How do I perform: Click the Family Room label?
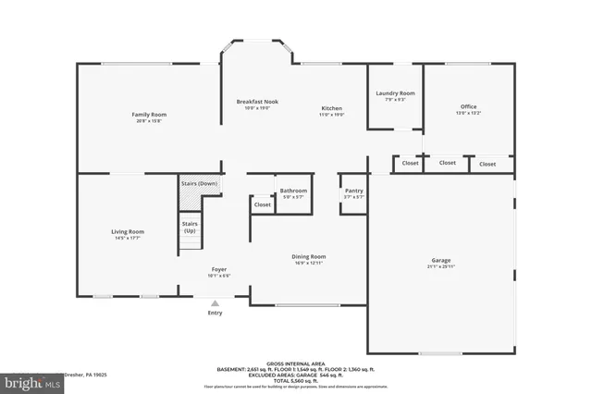(149, 115)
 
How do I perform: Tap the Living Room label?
(129, 232)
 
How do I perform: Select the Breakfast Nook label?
(257, 102)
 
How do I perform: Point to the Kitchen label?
(332, 108)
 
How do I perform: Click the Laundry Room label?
(395, 93)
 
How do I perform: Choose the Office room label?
(469, 106)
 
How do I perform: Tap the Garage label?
(440, 261)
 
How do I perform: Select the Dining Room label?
(309, 257)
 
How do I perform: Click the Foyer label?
(218, 269)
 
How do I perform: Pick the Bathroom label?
(293, 191)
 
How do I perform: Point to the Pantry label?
(353, 191)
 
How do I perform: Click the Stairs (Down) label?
(199, 184)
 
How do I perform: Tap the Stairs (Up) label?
(189, 227)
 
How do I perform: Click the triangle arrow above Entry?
(215, 302)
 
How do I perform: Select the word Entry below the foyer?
(215, 313)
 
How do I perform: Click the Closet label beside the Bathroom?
(263, 204)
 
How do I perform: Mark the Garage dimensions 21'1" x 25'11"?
(440, 267)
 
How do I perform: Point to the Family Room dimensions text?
(149, 121)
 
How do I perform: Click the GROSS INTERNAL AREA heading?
(296, 363)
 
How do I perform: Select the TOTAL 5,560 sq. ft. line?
(296, 380)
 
